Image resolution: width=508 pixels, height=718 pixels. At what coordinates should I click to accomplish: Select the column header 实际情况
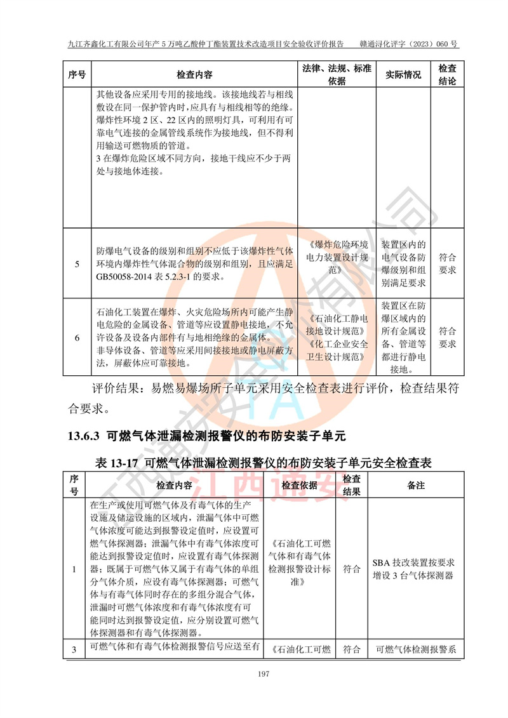403,75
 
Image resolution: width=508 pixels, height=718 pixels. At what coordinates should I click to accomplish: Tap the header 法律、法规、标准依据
337,75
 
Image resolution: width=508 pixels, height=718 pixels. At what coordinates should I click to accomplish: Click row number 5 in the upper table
77,263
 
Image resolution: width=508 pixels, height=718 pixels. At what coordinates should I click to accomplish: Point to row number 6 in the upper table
77,337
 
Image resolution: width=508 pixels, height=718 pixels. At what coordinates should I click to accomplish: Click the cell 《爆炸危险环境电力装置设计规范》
337,258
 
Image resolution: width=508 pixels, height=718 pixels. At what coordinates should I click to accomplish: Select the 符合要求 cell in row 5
448,263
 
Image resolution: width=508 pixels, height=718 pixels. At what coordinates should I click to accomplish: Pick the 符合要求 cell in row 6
448,337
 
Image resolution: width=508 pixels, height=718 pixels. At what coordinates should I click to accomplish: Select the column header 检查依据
300,485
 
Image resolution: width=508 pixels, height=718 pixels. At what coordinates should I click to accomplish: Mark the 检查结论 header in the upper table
448,75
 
